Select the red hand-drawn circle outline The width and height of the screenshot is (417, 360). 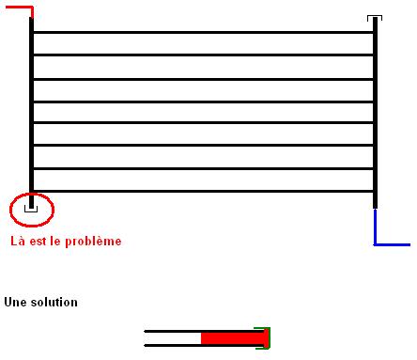coord(10,210)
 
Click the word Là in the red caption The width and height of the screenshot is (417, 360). coord(18,241)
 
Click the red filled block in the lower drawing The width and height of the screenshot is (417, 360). coord(233,338)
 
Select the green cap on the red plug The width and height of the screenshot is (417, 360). coord(268,337)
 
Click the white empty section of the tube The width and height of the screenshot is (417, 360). coord(172,338)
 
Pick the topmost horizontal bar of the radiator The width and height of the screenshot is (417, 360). coord(203,32)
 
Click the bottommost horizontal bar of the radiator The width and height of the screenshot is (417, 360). coord(203,191)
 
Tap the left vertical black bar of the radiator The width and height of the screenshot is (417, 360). coord(31,113)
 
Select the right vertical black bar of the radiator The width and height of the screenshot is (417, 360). coord(375,113)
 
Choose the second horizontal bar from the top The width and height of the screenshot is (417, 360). coord(203,55)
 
